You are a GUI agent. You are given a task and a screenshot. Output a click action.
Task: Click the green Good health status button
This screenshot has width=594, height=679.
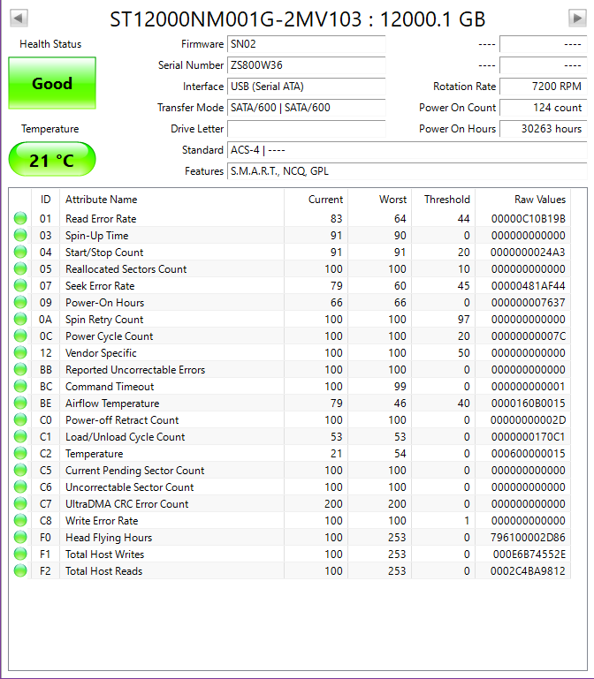pos(52,84)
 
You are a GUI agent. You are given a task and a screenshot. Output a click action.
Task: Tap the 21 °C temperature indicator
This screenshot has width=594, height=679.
pos(52,160)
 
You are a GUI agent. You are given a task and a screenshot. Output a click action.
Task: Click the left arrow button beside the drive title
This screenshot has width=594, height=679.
pos(19,19)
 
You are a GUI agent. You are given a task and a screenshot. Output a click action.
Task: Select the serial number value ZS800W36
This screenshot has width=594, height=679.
pos(305,65)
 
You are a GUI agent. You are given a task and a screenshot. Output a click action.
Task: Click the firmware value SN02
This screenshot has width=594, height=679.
pos(305,44)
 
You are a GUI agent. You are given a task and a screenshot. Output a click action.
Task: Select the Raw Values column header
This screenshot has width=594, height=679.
pos(539,200)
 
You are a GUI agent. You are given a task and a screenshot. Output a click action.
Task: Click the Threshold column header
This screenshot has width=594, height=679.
pos(446,200)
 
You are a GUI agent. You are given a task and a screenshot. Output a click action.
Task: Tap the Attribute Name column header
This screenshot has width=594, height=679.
pos(102,200)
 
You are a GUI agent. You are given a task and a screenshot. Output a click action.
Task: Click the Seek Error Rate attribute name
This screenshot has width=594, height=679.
pos(100,286)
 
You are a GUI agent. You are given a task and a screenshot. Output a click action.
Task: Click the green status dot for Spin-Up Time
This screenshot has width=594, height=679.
pos(20,236)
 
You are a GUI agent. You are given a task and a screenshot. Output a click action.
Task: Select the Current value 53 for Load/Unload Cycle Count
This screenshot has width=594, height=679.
pos(334,437)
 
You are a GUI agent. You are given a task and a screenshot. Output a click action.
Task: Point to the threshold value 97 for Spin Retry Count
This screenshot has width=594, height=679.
pos(463,320)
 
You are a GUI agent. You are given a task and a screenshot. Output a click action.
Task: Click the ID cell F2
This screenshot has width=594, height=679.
pos(46,571)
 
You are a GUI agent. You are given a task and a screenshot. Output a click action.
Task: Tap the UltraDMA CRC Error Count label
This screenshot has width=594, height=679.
pos(126,504)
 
